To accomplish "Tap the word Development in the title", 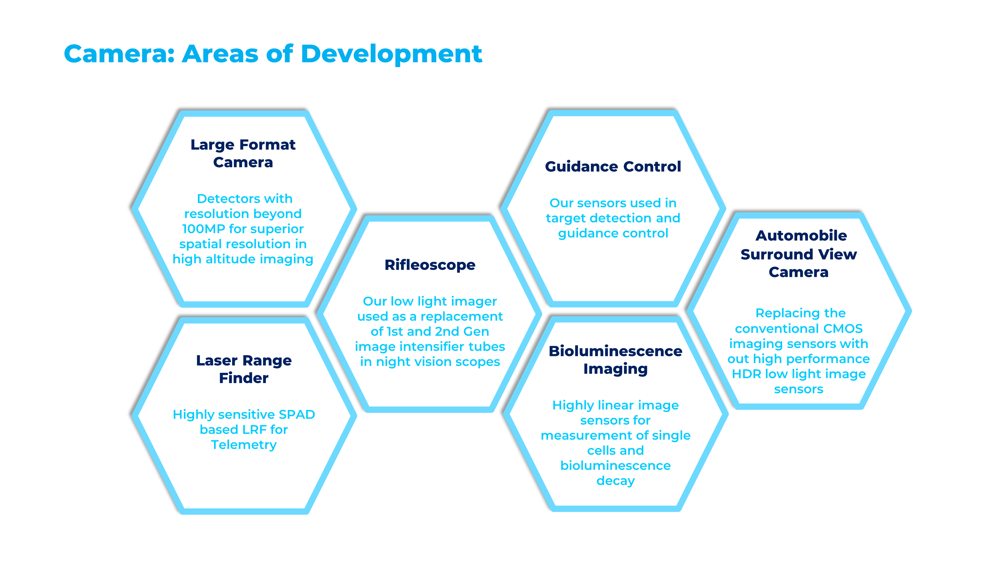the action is (391, 54).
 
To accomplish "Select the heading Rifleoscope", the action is (430, 265).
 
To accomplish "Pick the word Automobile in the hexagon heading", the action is (801, 235).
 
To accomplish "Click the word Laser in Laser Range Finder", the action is (217, 360).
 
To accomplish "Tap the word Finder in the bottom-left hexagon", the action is (243, 378).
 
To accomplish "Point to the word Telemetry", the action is (243, 445).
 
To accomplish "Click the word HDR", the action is (747, 374).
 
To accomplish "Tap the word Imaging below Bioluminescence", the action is (615, 369).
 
